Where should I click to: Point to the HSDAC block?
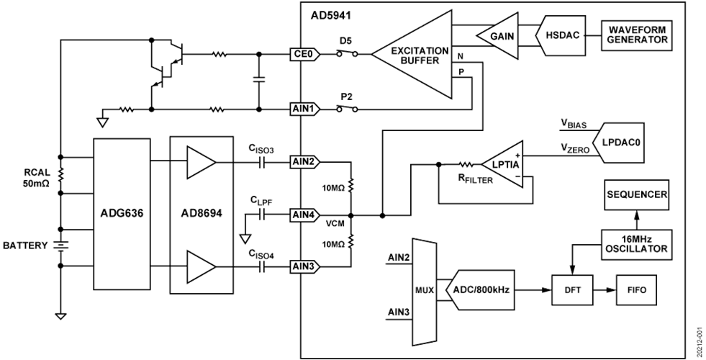click(559, 35)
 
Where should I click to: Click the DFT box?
click(571, 289)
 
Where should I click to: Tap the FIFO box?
click(636, 289)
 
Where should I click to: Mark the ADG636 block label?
click(122, 215)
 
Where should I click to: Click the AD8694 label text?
click(202, 215)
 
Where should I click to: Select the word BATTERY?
click(25, 246)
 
